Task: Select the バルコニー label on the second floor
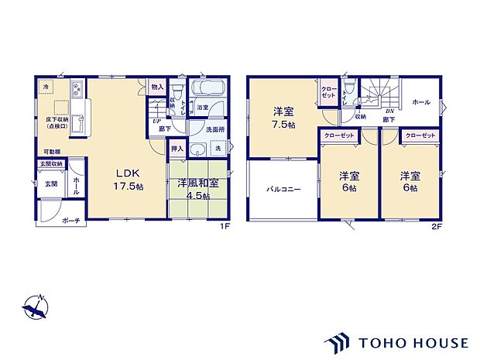point(283,188)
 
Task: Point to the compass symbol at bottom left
point(35,308)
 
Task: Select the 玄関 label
point(50,183)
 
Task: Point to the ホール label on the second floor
point(421,102)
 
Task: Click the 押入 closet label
point(177,148)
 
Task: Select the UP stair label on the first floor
point(156,122)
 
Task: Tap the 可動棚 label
point(52,153)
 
